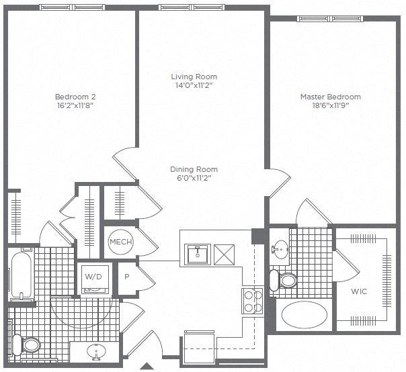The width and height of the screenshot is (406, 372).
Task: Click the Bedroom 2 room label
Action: [70, 96]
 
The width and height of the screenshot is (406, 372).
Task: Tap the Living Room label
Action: [194, 77]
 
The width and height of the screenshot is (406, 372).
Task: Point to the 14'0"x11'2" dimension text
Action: [194, 86]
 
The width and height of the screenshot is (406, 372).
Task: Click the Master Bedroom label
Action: [330, 96]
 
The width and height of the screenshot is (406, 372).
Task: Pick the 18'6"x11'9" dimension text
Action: [330, 105]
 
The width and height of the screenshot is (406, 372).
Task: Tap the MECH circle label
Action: [120, 242]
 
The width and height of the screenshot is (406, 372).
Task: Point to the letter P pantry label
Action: [126, 275]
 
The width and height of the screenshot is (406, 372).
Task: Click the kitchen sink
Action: [198, 253]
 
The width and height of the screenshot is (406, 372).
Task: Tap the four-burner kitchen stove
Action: [252, 301]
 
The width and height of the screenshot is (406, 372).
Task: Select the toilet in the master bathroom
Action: [287, 280]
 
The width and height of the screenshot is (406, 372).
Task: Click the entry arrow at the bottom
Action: [148, 366]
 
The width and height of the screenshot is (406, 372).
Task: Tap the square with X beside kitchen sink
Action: [225, 253]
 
